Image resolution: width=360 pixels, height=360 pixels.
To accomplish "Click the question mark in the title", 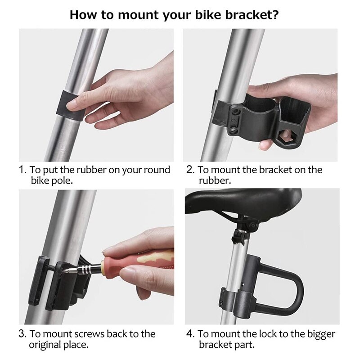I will (x=275, y=15).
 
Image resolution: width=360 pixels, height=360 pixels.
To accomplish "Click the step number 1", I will (x=22, y=170).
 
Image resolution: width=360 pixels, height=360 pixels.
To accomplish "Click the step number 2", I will (x=190, y=170).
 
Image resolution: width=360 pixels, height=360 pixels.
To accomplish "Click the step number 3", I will (x=22, y=334).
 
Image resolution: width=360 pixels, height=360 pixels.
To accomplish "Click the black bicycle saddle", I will (x=243, y=200).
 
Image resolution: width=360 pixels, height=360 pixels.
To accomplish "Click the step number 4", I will (x=190, y=334).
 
